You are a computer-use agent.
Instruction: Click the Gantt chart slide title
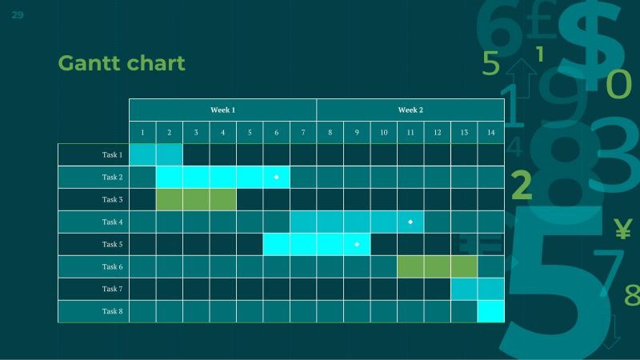pos(122,63)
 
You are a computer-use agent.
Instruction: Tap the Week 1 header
pos(222,110)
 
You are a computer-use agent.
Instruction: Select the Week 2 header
pos(410,110)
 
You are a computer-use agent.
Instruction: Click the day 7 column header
pos(303,132)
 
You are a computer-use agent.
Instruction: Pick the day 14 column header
pos(491,132)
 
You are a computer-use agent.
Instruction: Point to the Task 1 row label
pos(112,154)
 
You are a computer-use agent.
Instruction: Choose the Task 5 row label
pos(112,244)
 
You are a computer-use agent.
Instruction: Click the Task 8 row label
pos(112,311)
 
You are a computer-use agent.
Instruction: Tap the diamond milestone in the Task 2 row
pos(276,177)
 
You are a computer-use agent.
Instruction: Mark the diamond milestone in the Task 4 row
pos(410,222)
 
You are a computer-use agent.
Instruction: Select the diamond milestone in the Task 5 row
pos(357,244)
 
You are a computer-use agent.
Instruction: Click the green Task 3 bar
pos(196,199)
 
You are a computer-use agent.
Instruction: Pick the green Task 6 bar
pos(437,266)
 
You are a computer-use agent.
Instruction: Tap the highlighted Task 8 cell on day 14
pos(491,311)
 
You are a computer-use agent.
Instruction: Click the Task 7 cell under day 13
pos(464,289)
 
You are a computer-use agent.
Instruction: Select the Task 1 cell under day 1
pos(142,154)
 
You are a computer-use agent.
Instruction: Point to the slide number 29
pos(18,15)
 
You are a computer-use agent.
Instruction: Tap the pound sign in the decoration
pos(545,24)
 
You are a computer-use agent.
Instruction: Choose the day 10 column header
pos(384,132)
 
